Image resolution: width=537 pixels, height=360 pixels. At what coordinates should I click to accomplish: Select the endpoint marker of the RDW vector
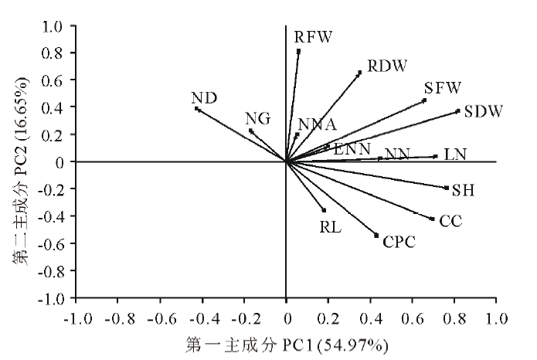click(359, 73)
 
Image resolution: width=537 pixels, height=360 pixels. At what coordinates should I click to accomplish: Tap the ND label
click(204, 98)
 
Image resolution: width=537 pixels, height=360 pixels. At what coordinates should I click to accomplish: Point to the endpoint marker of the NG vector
click(251, 131)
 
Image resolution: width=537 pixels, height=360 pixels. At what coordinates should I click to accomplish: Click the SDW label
click(484, 112)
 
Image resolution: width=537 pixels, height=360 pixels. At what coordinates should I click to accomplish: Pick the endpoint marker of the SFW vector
click(424, 100)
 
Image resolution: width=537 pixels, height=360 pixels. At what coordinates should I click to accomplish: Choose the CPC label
click(399, 243)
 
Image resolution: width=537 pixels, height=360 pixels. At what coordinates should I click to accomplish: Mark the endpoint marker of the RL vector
click(324, 210)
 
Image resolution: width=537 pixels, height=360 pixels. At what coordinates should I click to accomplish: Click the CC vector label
click(450, 222)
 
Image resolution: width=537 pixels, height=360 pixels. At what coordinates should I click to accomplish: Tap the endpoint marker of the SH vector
click(447, 188)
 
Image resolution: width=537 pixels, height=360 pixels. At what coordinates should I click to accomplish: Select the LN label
click(455, 155)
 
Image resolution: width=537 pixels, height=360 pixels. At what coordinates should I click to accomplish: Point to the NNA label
click(317, 125)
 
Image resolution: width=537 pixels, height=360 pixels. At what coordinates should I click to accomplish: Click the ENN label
click(352, 148)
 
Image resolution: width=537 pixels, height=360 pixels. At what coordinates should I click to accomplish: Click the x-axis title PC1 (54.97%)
click(287, 342)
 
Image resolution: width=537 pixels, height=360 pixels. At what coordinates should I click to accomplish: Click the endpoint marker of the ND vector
click(197, 109)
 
